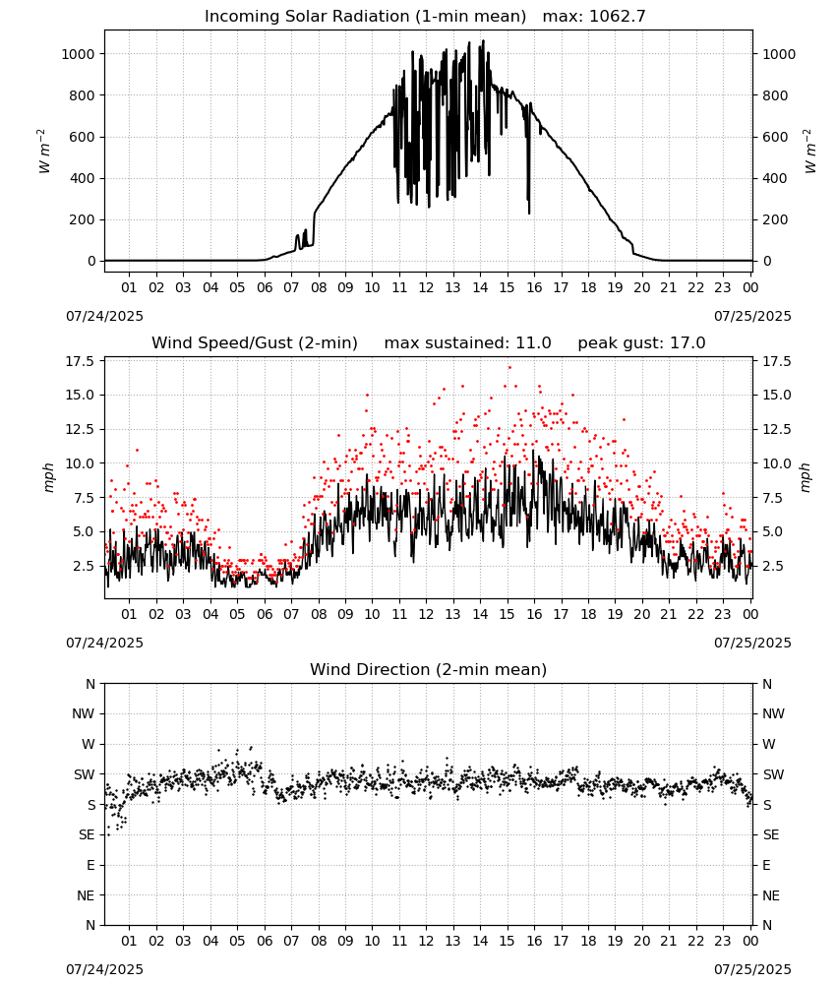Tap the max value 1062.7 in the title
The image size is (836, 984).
[x=618, y=17]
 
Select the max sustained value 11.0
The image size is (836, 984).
[x=533, y=343]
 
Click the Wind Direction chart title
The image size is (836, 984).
[x=429, y=669]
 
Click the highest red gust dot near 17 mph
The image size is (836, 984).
[x=509, y=367]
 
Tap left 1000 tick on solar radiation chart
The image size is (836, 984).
[x=79, y=54]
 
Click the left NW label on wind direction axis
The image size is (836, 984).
[x=84, y=713]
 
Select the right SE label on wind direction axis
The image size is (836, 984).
[x=771, y=834]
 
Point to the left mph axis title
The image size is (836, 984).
[x=49, y=477]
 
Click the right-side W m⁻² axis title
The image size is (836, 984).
[x=809, y=152]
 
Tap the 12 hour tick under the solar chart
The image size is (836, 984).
[x=427, y=287]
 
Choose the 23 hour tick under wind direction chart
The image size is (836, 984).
[x=723, y=941]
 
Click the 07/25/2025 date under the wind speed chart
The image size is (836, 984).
[x=752, y=643]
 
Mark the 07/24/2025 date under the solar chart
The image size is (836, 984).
[x=104, y=316]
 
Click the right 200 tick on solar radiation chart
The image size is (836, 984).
[x=775, y=219]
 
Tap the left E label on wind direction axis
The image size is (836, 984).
[x=90, y=865]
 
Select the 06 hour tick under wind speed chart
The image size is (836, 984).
[x=265, y=614]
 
